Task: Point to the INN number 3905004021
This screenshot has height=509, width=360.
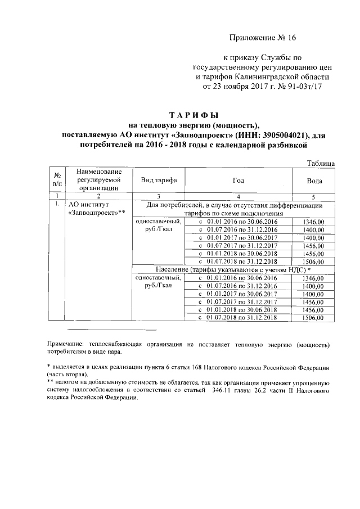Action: [276, 136]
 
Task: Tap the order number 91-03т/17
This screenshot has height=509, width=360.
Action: [303, 87]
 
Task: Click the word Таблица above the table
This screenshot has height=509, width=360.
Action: [321, 163]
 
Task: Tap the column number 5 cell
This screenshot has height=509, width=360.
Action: [314, 196]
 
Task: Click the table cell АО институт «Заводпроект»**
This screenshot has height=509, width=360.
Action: [95, 209]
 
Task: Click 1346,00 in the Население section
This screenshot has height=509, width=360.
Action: [314, 278]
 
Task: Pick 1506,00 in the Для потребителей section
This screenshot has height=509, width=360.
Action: [314, 262]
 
